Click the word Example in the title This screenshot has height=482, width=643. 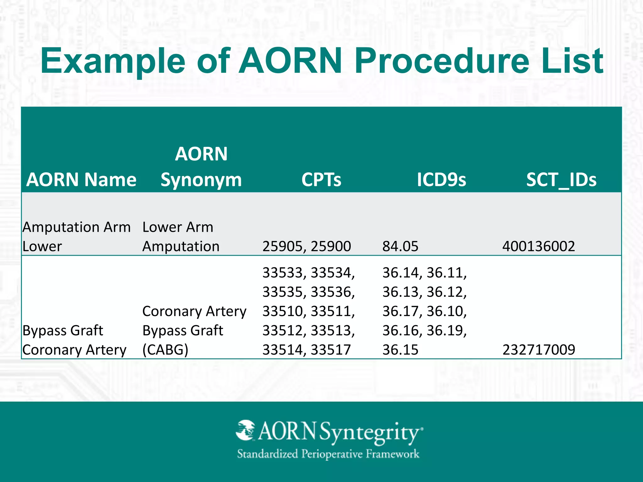click(x=113, y=61)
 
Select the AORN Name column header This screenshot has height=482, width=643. click(x=81, y=180)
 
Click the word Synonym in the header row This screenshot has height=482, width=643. click(x=201, y=180)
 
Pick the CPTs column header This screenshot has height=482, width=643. click(x=321, y=180)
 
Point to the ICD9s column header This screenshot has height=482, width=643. click(x=441, y=180)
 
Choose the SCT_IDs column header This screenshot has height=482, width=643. click(x=561, y=180)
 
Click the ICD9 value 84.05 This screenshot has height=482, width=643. click(x=400, y=246)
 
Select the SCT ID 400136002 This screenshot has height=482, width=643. click(x=538, y=246)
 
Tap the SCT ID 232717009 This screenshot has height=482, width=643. click(x=539, y=350)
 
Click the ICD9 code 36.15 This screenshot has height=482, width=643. click(x=400, y=350)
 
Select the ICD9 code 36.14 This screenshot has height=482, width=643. click(x=400, y=272)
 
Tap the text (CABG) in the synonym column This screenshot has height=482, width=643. click(x=165, y=350)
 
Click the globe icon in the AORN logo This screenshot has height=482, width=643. click(x=246, y=430)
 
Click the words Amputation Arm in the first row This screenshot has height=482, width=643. click(x=76, y=227)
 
